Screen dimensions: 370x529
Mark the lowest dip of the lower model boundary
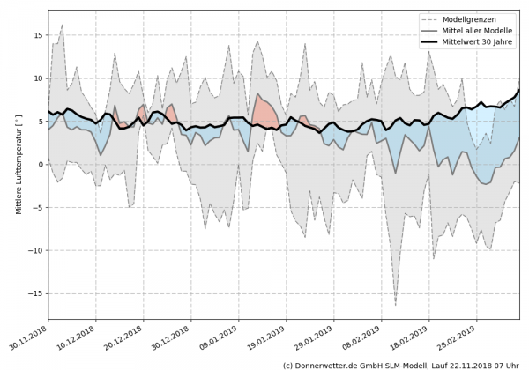click(396, 305)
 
